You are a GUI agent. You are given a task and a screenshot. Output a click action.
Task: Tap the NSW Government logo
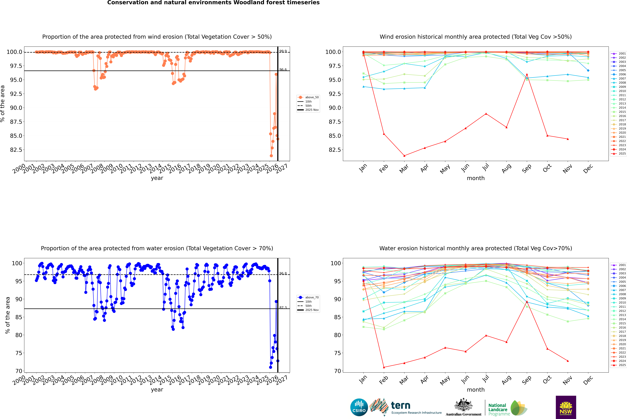point(566,407)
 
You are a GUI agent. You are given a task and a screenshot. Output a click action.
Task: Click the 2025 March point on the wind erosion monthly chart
point(404,156)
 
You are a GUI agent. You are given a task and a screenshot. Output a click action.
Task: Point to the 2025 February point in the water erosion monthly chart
point(384,367)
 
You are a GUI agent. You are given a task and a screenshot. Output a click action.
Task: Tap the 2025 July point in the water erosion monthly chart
point(486,335)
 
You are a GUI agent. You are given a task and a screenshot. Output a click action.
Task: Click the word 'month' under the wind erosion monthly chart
point(475,178)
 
